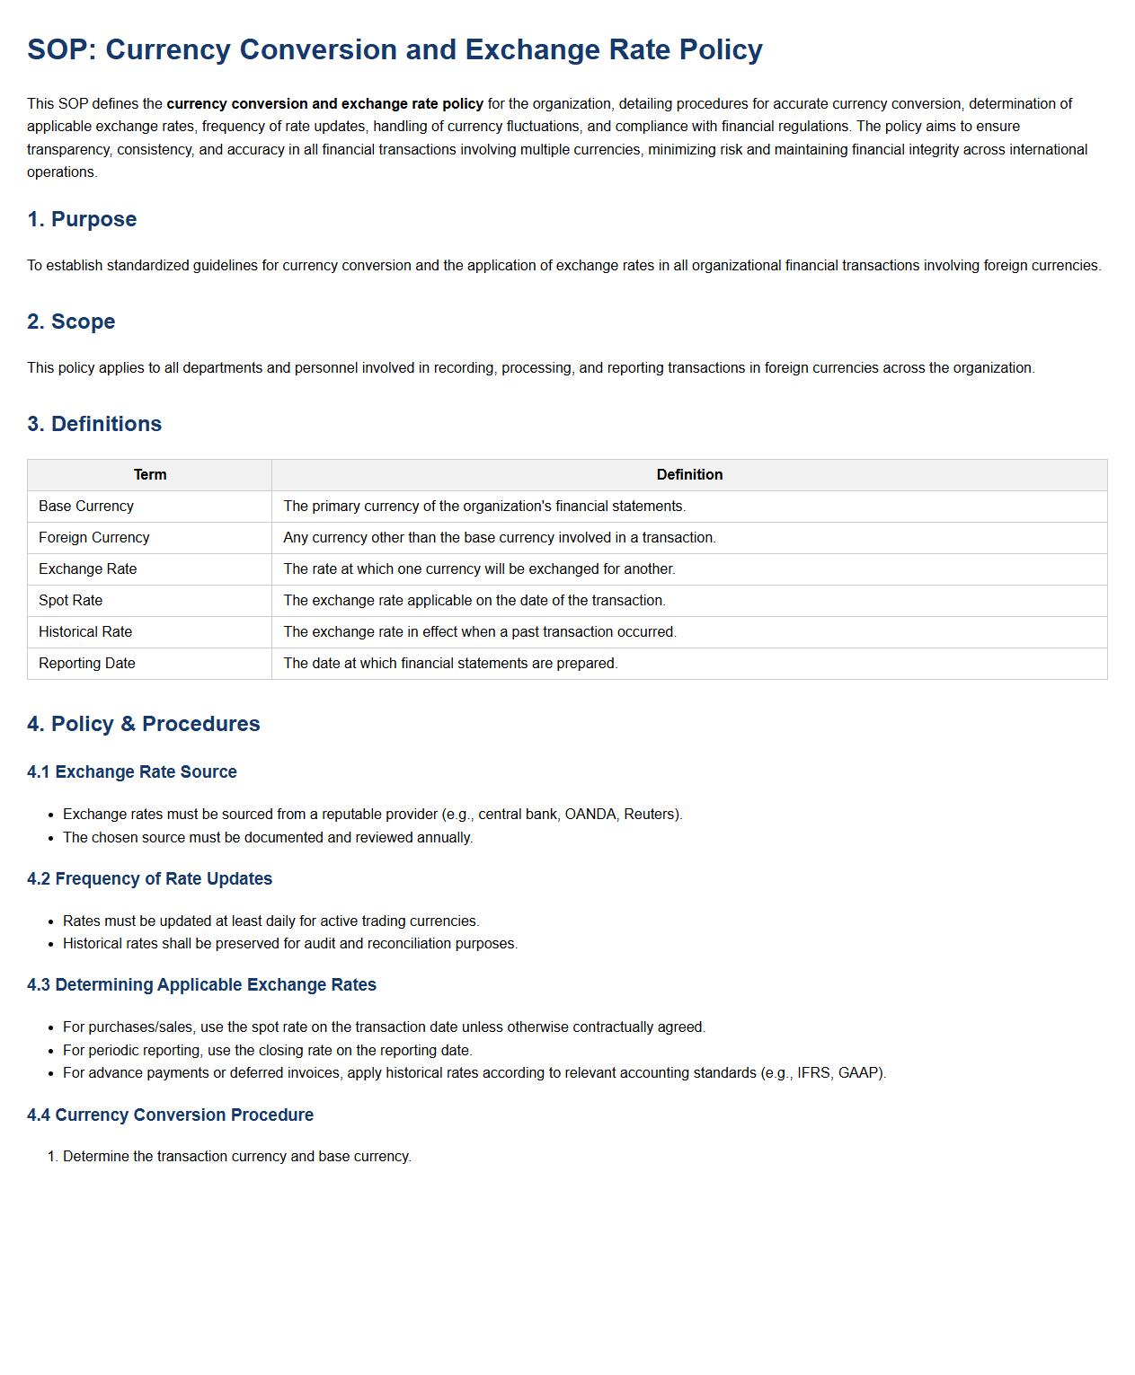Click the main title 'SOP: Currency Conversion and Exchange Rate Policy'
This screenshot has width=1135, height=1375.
(x=395, y=49)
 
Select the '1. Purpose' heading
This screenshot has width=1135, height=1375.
(x=82, y=219)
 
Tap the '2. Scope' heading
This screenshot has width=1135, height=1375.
(x=71, y=322)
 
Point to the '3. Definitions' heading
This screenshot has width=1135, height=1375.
(x=94, y=424)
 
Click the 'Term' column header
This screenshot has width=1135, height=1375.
(x=150, y=475)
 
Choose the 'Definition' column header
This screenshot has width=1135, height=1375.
(x=689, y=475)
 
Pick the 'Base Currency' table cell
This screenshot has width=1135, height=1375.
(x=86, y=507)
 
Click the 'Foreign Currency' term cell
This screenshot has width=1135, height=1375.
(x=94, y=538)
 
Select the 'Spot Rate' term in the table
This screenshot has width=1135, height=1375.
(x=71, y=601)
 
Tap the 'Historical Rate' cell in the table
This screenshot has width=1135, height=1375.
(x=85, y=632)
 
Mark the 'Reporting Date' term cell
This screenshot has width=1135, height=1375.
(x=87, y=664)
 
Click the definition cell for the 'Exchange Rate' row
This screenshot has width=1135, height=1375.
(x=479, y=569)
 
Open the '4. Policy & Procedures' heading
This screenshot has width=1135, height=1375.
(x=144, y=724)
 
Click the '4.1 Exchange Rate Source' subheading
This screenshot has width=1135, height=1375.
(x=132, y=772)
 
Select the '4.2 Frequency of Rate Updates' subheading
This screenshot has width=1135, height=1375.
(x=149, y=879)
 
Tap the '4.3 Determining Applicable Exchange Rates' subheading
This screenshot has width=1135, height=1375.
(x=201, y=985)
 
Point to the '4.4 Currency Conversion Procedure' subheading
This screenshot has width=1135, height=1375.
(x=170, y=1115)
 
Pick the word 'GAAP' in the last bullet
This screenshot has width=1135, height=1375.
(x=858, y=1073)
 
